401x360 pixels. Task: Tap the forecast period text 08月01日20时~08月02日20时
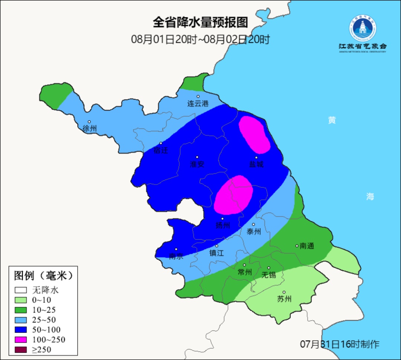[200, 39]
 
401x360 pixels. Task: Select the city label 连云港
[198, 104]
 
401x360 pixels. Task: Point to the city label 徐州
[89, 129]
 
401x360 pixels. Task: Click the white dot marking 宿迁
[161, 143]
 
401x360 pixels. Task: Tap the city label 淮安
[197, 164]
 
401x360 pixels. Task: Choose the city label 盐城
[256, 164]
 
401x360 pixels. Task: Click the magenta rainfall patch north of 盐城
[254, 134]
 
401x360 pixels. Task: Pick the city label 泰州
[254, 231]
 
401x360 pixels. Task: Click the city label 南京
[176, 256]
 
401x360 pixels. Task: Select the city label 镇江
[217, 253]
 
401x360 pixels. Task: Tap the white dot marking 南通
[297, 246]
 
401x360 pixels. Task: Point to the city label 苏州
[284, 299]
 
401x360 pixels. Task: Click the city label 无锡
[268, 275]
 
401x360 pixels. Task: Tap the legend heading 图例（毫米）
[43, 276]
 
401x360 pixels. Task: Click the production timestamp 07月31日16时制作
[339, 344]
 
